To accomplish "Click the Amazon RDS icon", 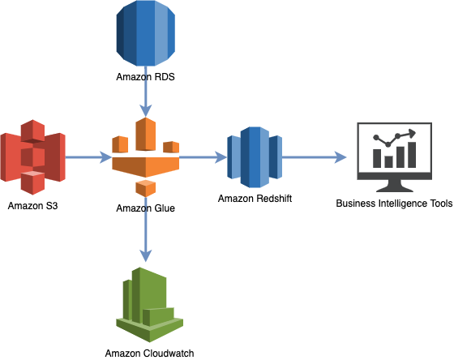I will tap(145, 35).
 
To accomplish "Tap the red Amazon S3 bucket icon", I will tap(32, 156).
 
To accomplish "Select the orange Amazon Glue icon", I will tap(145, 156).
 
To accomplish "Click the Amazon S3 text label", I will tap(32, 206).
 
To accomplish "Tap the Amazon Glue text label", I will tap(145, 208).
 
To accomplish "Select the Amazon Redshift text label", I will tap(254, 199).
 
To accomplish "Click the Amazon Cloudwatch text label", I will tap(150, 353).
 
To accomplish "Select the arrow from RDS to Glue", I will tap(145, 99).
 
